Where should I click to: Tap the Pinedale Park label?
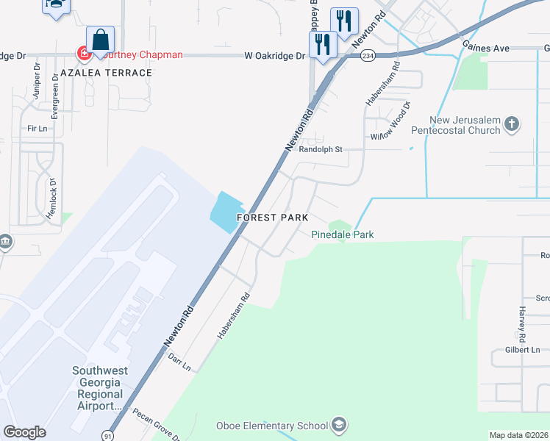pyautogui.click(x=343, y=234)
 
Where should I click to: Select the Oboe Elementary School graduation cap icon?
pyautogui.click(x=339, y=425)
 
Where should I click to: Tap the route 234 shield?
pyautogui.click(x=368, y=56)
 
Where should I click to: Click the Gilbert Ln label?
pyautogui.click(x=522, y=350)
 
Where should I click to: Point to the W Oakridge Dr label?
pyautogui.click(x=275, y=55)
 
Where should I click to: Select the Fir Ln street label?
pyautogui.click(x=37, y=128)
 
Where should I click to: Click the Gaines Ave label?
pyautogui.click(x=486, y=48)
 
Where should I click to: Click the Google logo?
pyautogui.click(x=25, y=432)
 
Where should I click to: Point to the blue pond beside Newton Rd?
pyautogui.click(x=227, y=212)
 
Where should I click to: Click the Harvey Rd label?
pyautogui.click(x=522, y=323)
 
